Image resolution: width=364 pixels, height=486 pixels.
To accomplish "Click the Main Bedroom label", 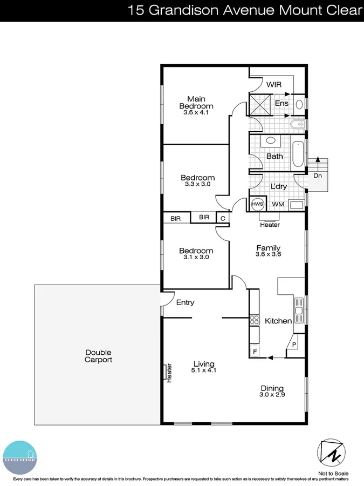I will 196,102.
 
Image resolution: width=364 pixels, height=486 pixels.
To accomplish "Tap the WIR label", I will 274,85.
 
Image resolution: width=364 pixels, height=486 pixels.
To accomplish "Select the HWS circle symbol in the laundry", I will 257,204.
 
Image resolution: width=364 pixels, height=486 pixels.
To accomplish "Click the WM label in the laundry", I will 278,205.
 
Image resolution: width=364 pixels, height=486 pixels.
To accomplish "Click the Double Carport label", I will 98,356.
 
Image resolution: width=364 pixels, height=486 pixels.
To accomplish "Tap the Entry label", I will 185,302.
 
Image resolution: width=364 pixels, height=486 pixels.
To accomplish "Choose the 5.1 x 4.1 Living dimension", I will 204,371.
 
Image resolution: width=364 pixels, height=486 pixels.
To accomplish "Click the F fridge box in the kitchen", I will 255,352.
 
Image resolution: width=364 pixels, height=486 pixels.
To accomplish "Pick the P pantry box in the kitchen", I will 294,344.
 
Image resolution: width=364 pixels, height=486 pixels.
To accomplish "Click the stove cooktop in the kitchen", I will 254,320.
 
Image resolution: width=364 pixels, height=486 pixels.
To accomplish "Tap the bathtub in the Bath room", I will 298,155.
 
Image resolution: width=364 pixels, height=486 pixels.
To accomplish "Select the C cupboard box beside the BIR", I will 222,218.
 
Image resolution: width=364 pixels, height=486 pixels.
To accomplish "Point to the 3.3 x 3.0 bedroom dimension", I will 197,184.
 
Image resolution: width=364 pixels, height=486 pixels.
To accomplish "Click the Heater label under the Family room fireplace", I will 270,225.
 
